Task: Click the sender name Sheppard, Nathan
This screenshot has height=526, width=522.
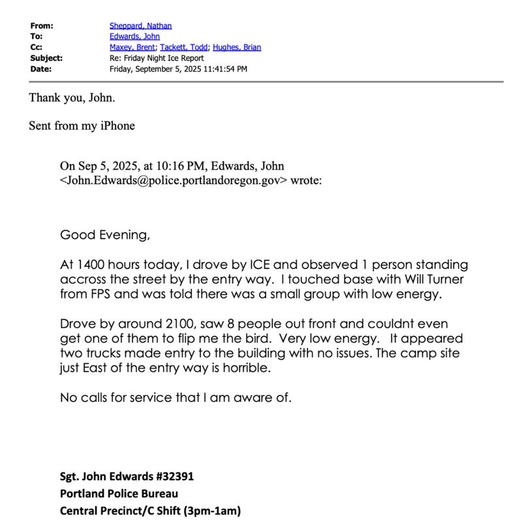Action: click(140, 26)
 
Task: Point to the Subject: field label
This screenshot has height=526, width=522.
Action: click(46, 58)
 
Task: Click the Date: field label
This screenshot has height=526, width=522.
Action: click(40, 69)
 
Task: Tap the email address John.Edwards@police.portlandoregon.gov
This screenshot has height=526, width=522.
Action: click(173, 180)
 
